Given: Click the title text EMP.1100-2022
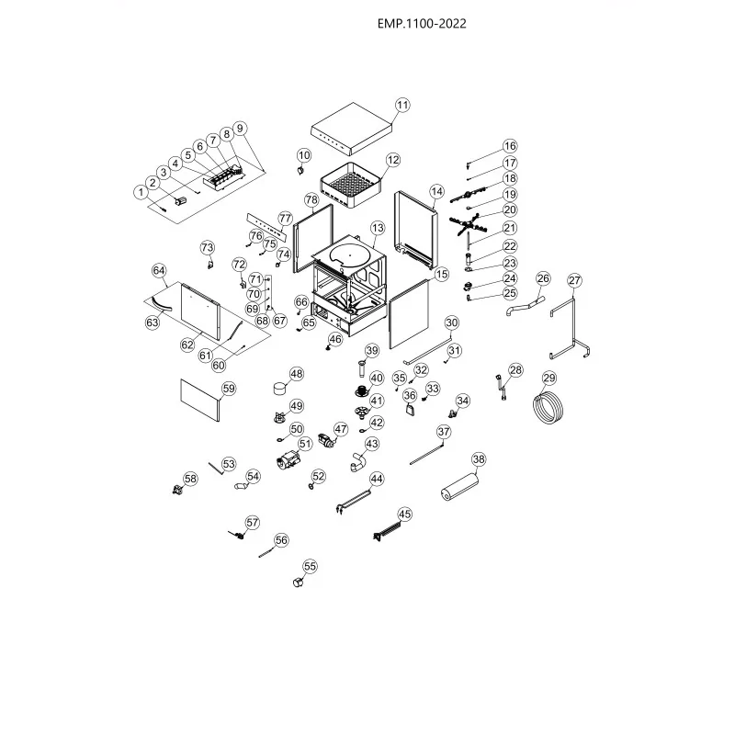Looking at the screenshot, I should coord(422,25).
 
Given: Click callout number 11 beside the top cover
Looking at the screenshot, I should coord(402,105).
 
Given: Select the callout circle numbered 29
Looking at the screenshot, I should coord(549,379).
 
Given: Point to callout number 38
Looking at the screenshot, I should coord(479,459).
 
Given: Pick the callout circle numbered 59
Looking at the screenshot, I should coord(229,389).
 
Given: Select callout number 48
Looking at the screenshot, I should coord(296,374).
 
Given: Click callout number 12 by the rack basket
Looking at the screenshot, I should coord(393,160).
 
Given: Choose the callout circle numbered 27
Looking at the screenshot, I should coord(575,280).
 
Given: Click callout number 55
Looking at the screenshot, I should coord(310,567).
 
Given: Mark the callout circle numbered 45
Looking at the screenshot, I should coord(405,514).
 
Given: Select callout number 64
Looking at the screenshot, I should coord(159,271).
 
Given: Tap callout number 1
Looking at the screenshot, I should coord(140,192).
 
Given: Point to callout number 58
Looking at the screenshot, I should coord(190,479).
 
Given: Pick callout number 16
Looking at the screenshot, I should coord(510,146).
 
